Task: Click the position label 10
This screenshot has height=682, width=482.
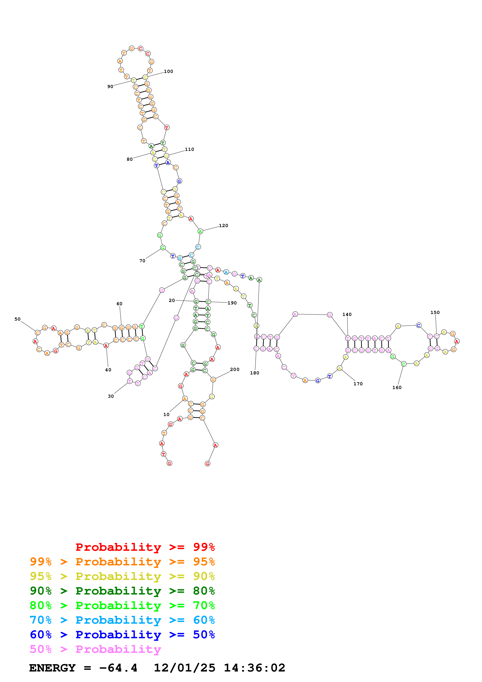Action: point(166,414)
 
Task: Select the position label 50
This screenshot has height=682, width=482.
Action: point(17,319)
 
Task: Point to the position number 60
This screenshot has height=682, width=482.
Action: point(119,303)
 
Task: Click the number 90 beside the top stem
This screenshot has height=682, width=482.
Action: point(110,87)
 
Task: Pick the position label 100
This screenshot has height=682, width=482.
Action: point(168,71)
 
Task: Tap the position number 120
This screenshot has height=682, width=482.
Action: point(223,226)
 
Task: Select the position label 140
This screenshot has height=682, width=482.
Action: point(347,314)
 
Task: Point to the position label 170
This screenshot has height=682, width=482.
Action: point(358,384)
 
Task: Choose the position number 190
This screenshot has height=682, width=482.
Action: point(232,303)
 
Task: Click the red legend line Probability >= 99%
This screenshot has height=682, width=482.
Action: point(145,547)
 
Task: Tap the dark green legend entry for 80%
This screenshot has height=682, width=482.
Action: point(122,591)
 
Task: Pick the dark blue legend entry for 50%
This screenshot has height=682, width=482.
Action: point(122,635)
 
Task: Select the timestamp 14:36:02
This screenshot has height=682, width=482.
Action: point(254,668)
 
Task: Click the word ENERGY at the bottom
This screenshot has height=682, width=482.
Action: point(52,668)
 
